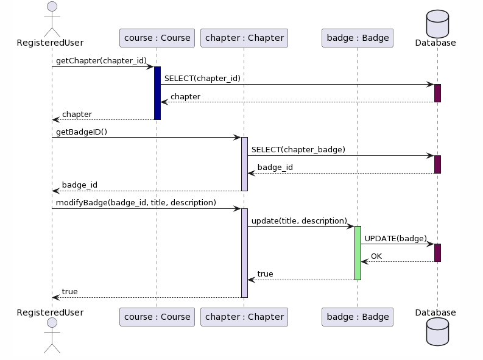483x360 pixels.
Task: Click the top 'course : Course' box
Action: [x=157, y=38]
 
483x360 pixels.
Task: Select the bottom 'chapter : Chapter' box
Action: [x=244, y=317]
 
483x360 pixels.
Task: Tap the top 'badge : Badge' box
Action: [x=357, y=38]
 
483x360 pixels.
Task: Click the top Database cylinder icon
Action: [x=437, y=24]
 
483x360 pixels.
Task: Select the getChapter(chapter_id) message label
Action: [x=101, y=60]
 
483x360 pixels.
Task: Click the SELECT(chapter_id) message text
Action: [x=202, y=79]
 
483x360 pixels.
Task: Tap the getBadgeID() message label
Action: [x=82, y=132]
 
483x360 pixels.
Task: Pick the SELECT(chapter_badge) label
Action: [x=298, y=150]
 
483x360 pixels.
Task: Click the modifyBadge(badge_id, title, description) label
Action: [x=136, y=203]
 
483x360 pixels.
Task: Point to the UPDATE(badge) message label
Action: [x=395, y=239]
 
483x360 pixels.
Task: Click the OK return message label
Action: [x=376, y=256]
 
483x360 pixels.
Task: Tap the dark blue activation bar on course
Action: [x=157, y=93]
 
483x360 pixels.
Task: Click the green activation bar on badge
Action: [x=358, y=253]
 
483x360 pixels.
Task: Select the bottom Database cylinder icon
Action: [x=437, y=332]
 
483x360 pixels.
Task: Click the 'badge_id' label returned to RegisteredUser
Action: [x=79, y=185]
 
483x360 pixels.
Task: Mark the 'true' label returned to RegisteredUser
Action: [x=69, y=292]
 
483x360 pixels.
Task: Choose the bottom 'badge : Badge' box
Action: [x=357, y=317]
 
